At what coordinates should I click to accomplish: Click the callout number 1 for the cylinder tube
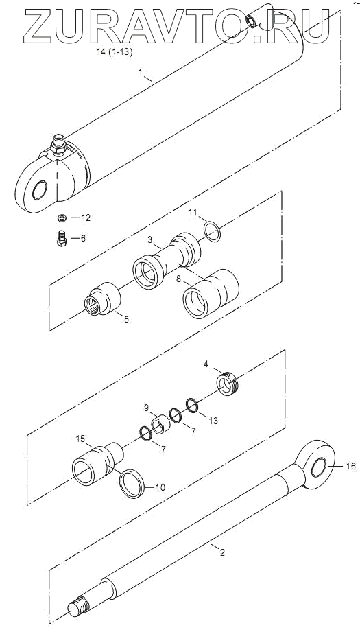tap(140, 72)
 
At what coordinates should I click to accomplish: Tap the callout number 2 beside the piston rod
tap(222, 552)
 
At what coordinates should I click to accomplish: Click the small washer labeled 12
tap(62, 218)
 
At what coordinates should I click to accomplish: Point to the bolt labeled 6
tap(62, 238)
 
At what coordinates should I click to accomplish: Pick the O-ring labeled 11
tap(213, 231)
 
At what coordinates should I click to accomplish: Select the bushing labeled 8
tap(211, 293)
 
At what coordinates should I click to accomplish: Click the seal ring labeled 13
tap(193, 405)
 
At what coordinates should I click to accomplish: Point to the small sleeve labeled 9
tap(160, 424)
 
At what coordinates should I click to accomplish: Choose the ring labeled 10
tap(132, 484)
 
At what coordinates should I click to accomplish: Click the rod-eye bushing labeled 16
tap(319, 467)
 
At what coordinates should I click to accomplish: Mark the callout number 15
tap(81, 439)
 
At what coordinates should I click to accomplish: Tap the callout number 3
tap(150, 239)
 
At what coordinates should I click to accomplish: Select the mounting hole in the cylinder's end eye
tap(40, 190)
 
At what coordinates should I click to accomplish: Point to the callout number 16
tap(351, 466)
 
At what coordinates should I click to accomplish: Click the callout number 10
tap(160, 487)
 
